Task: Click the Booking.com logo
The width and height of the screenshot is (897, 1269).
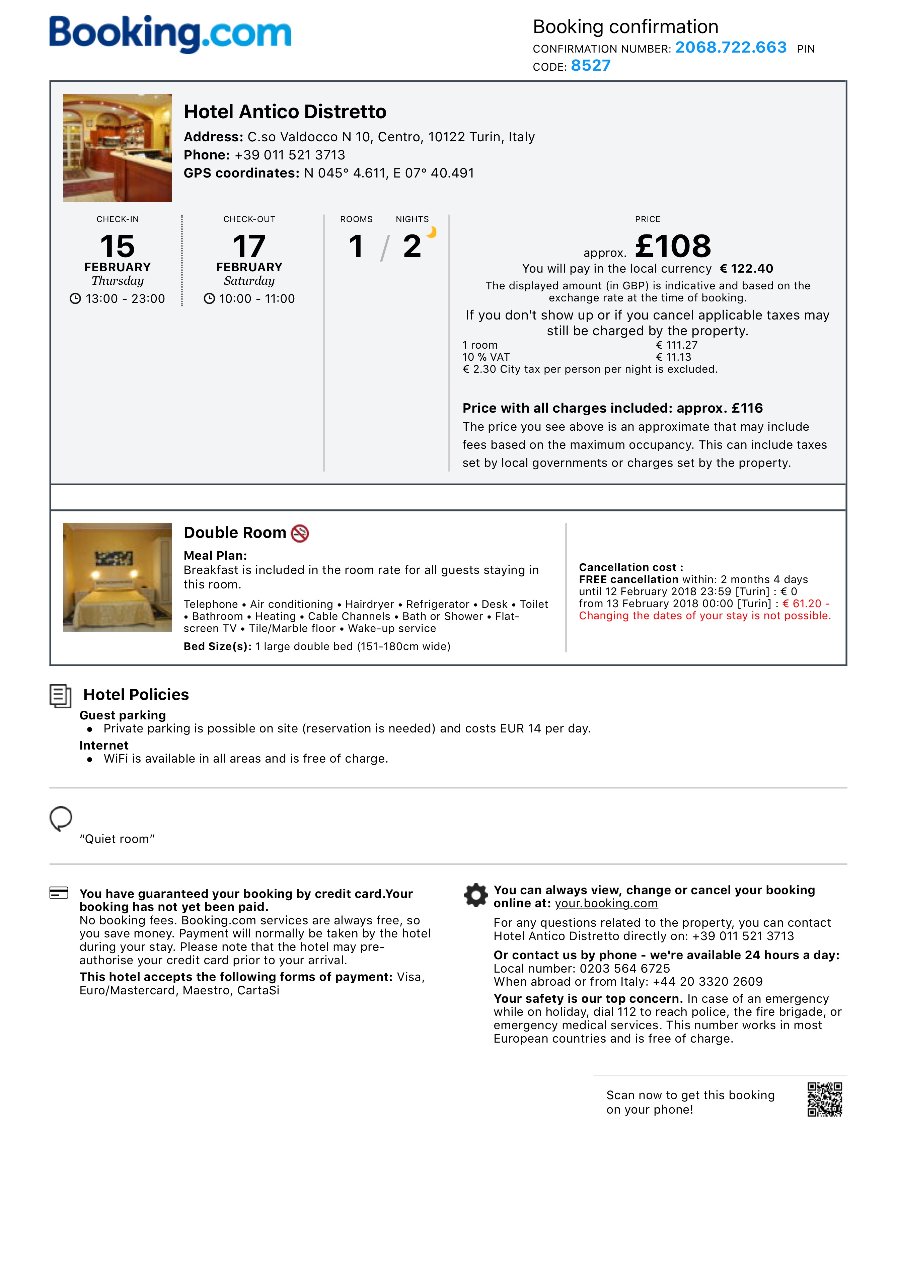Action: pos(170,34)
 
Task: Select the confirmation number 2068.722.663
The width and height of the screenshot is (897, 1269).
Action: pos(731,48)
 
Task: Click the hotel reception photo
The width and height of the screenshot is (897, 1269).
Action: pos(117,148)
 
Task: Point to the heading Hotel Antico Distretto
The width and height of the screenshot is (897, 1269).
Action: pos(285,112)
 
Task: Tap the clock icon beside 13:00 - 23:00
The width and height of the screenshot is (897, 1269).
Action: pos(75,299)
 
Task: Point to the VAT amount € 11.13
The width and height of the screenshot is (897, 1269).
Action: pos(673,357)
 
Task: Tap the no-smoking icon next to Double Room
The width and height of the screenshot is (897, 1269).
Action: pos(300,534)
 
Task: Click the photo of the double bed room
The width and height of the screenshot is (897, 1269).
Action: pos(117,577)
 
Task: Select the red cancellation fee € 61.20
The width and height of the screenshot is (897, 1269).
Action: pos(802,604)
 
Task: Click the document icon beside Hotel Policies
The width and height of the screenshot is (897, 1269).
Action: pos(60,696)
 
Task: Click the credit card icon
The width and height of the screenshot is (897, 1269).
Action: pos(59,893)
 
